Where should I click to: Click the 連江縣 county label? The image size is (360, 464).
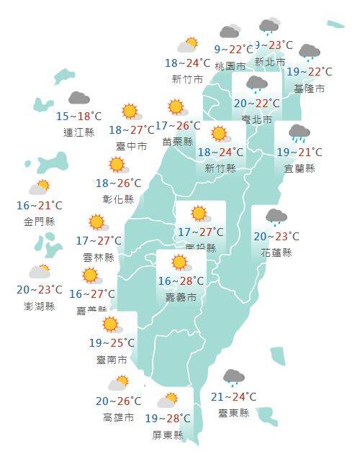pyautogui.click(x=79, y=132)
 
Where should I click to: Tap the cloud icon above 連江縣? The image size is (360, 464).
pyautogui.click(x=78, y=99)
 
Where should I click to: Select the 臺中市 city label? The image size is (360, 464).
pyautogui.click(x=132, y=146)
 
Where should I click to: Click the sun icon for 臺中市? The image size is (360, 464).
pyautogui.click(x=130, y=112)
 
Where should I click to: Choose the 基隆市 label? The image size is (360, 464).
pyautogui.click(x=309, y=88)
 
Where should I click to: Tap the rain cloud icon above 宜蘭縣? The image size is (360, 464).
pyautogui.click(x=299, y=133)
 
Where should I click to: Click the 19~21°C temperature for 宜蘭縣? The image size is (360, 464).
pyautogui.click(x=300, y=152)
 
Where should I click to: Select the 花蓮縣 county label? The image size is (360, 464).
pyautogui.click(x=277, y=253)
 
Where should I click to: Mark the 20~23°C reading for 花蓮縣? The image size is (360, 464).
pyautogui.click(x=276, y=236)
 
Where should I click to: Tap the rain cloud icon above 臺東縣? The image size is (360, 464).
pyautogui.click(x=233, y=377)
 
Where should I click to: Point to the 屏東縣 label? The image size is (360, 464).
pyautogui.click(x=168, y=435)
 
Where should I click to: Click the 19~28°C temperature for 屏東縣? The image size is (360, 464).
pyautogui.click(x=167, y=418)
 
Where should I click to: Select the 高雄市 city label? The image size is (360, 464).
pyautogui.click(x=118, y=417)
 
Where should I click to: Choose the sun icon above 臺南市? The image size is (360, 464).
pyautogui.click(x=109, y=324)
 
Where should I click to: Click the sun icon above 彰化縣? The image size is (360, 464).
pyautogui.click(x=117, y=165)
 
